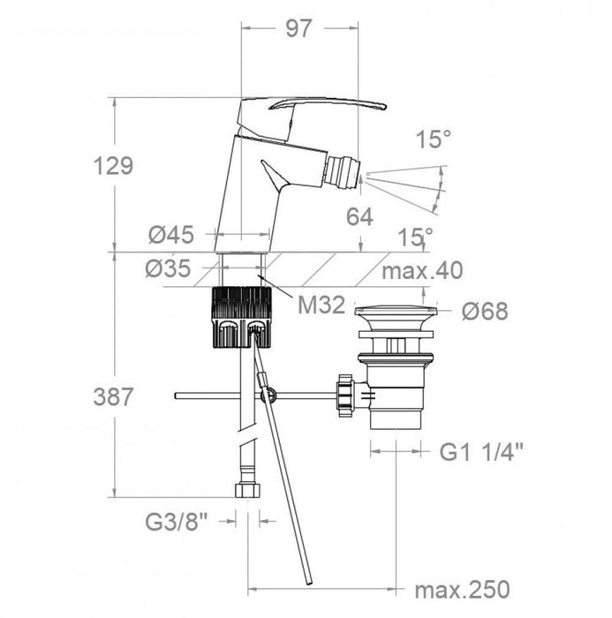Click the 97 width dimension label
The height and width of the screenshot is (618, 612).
click(x=298, y=29)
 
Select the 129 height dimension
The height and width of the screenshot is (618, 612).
click(x=113, y=166)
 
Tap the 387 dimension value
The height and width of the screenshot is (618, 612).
click(x=113, y=396)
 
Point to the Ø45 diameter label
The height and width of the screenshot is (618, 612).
click(x=171, y=235)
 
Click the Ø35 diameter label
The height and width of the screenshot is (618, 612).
click(x=169, y=268)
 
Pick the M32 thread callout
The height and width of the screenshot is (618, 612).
click(x=321, y=305)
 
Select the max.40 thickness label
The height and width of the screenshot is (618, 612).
click(x=422, y=271)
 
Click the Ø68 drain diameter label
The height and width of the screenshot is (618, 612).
click(x=485, y=312)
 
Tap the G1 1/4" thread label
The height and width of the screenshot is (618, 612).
click(x=481, y=452)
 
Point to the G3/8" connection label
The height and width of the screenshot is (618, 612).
click(x=177, y=522)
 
